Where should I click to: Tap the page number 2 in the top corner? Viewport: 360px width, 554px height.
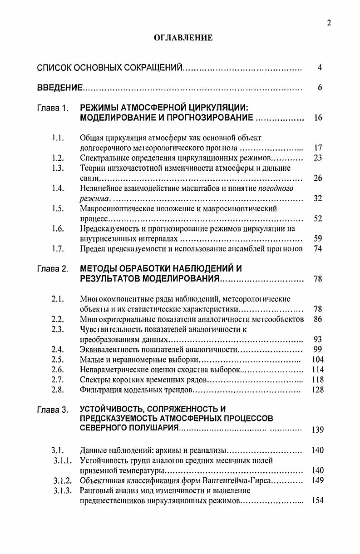pos(329,23)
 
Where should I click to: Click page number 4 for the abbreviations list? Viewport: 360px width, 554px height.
pos(320,68)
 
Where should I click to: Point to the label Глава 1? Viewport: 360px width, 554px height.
pos(53,109)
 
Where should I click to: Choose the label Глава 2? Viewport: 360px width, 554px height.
pos(53,269)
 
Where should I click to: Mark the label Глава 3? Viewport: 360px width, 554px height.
pos(53,410)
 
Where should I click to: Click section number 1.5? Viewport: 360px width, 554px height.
pos(58,209)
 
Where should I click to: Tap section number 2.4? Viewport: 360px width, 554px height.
pos(58,349)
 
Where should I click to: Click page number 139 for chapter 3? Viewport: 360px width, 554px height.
pos(318,430)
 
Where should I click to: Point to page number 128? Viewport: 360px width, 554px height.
pos(318,390)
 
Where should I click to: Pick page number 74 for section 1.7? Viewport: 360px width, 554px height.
pos(318,249)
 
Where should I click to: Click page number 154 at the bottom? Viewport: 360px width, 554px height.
pos(318,500)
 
